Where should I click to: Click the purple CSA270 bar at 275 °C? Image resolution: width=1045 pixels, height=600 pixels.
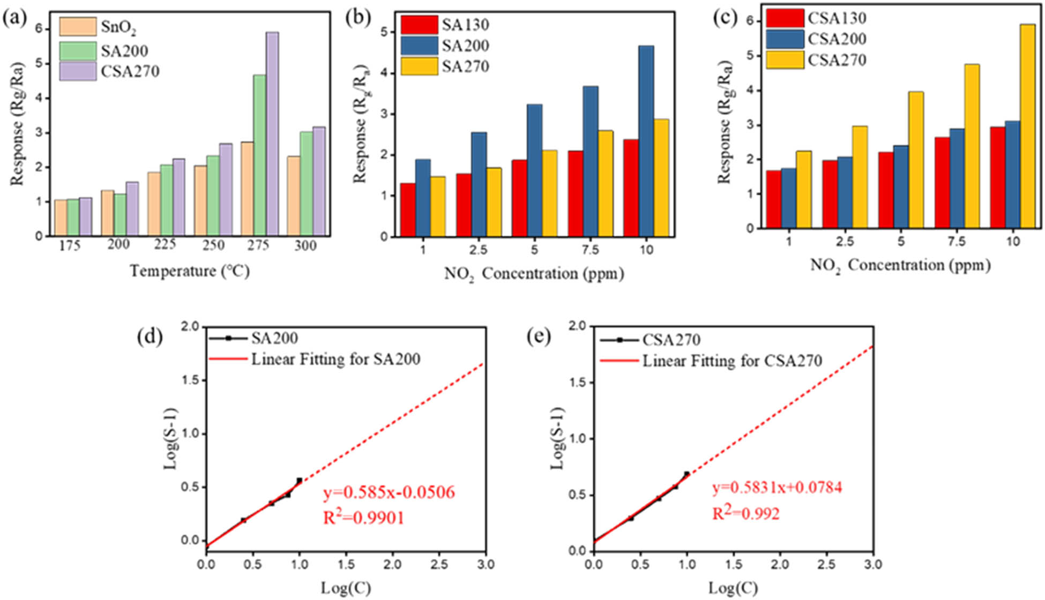pyautogui.click(x=272, y=134)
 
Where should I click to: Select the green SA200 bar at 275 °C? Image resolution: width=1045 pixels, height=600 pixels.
pyautogui.click(x=259, y=155)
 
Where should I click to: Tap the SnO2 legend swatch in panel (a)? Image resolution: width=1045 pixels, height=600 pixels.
pyautogui.click(x=78, y=27)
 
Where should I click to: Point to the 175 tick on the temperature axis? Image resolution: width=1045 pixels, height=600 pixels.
pyautogui.click(x=70, y=245)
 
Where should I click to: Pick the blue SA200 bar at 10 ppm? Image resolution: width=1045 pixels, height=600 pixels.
pyautogui.click(x=646, y=141)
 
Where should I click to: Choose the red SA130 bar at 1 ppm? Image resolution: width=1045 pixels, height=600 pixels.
pyautogui.click(x=408, y=210)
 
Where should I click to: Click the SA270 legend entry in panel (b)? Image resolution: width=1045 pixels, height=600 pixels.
pyautogui.click(x=465, y=66)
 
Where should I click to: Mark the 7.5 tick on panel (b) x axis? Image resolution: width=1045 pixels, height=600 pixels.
pyautogui.click(x=590, y=250)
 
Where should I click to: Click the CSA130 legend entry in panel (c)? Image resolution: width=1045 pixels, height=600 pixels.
pyautogui.click(x=837, y=18)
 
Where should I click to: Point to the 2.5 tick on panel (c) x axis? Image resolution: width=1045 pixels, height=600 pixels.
pyautogui.click(x=845, y=242)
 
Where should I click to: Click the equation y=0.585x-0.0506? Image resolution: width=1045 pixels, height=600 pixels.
pyautogui.click(x=389, y=492)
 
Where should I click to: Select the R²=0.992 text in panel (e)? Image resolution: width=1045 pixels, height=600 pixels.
pyautogui.click(x=745, y=513)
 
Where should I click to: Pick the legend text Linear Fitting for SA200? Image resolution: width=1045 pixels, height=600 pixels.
pyautogui.click(x=335, y=359)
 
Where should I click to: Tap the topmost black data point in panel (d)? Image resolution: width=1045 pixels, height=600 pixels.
pyautogui.click(x=300, y=480)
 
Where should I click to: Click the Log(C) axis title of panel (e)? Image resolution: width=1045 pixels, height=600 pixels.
pyautogui.click(x=733, y=588)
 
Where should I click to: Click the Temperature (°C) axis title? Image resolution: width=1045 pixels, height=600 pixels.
pyautogui.click(x=190, y=271)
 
